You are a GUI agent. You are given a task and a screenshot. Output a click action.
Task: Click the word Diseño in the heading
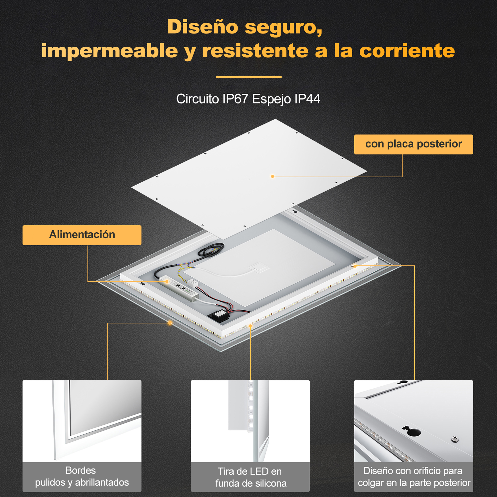pos(203,27)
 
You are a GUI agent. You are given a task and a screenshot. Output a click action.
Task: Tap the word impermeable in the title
pos(109,51)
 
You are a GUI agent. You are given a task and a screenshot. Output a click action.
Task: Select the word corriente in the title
pos(407,51)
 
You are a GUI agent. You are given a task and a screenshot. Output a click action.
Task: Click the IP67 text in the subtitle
pos(235,99)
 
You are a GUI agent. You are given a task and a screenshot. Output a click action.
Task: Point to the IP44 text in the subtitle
pos(307,99)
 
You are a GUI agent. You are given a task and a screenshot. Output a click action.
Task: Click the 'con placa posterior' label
pos(414,144)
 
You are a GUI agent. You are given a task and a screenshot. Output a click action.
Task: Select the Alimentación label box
pos(82,235)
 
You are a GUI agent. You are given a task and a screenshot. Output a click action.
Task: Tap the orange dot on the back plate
pos(272,176)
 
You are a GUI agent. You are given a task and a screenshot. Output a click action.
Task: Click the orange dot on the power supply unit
pos(167,282)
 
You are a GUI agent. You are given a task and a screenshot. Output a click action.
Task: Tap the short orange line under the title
pos(248,77)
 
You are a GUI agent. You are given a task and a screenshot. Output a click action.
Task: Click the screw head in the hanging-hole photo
pos(455,439)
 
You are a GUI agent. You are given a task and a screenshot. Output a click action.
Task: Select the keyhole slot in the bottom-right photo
pos(411,431)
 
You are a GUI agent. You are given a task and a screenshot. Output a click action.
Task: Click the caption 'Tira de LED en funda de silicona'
pos(250,477)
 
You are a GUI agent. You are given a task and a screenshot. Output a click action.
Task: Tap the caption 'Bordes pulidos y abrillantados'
pos(82,476)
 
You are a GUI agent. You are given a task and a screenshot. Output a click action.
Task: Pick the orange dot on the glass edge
pos(170,323)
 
